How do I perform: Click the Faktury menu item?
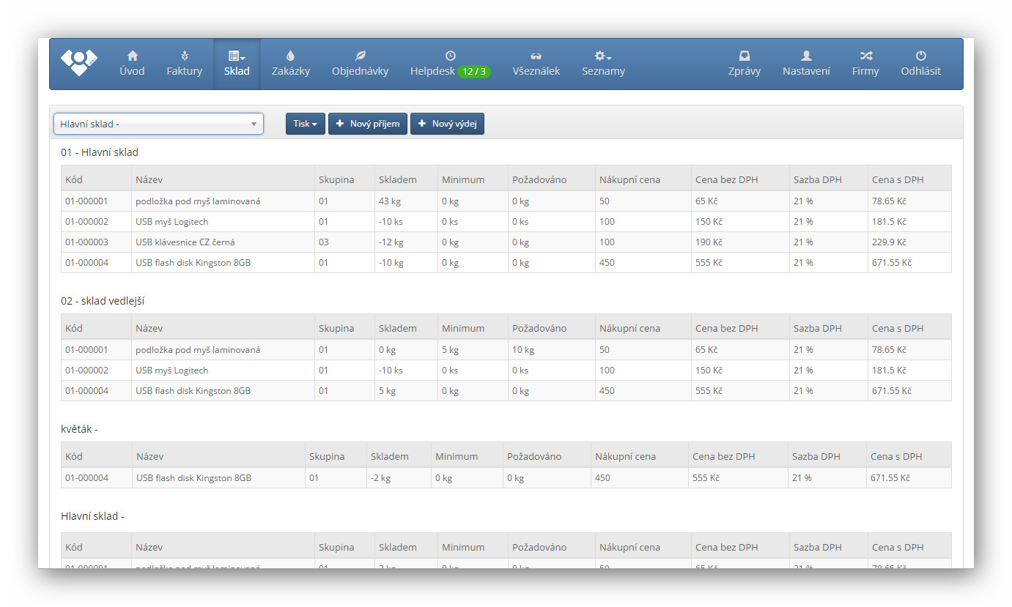(x=184, y=64)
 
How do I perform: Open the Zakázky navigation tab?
(x=291, y=64)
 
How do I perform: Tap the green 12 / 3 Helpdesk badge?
(x=473, y=72)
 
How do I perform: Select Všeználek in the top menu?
(x=536, y=64)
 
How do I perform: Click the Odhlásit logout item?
(x=920, y=64)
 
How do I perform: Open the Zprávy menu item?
(x=744, y=64)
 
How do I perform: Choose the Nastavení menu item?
(x=806, y=64)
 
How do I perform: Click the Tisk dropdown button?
(x=305, y=124)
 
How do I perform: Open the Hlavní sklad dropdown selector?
(x=158, y=124)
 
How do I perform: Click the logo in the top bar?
(x=78, y=63)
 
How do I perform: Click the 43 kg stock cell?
(x=390, y=201)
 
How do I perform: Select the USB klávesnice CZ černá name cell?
(x=185, y=242)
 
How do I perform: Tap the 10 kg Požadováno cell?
(x=523, y=350)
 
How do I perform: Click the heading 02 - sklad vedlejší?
(x=107, y=301)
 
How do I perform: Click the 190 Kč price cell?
(x=709, y=242)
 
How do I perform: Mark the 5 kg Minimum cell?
(x=450, y=350)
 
